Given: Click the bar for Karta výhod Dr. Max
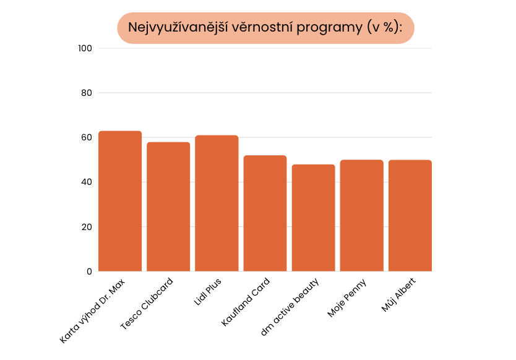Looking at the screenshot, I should coord(120,201).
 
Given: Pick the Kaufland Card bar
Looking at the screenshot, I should coord(265,213).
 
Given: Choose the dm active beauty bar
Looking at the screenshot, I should coord(313,218).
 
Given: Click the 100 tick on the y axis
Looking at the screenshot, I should coord(85,48).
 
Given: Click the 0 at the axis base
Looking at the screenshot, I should coord(88,272).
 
